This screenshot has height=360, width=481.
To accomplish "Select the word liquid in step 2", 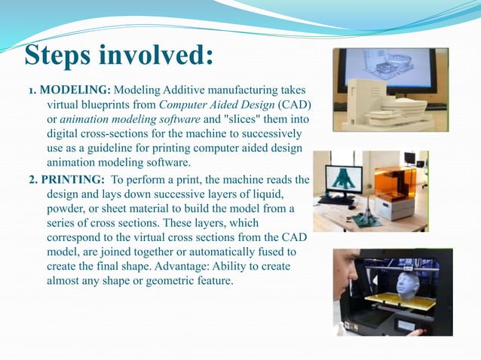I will point(273,194).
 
